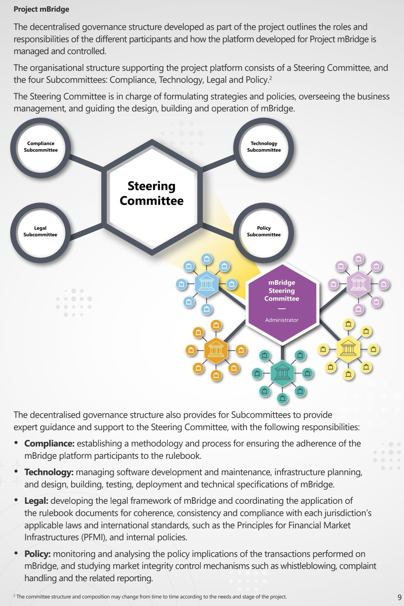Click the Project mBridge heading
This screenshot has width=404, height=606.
[41, 9]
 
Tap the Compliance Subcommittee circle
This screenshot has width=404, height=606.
[41, 147]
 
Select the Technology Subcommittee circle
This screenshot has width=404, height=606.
[264, 147]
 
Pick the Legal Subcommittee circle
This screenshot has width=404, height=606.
[40, 232]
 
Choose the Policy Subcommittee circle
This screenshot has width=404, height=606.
[264, 232]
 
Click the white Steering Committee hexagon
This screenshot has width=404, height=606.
[152, 194]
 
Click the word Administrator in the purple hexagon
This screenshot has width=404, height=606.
[282, 320]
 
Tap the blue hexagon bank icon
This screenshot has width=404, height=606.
[206, 284]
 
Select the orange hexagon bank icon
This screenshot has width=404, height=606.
[216, 350]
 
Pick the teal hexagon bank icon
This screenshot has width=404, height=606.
[282, 373]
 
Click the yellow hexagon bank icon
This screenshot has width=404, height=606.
[348, 349]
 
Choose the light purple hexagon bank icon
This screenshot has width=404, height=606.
[358, 284]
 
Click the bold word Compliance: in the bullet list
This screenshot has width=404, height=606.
[49, 443]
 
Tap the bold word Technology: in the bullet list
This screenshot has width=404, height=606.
[49, 472]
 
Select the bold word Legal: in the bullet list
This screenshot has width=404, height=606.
[36, 501]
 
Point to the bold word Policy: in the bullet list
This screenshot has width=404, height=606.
[37, 554]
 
